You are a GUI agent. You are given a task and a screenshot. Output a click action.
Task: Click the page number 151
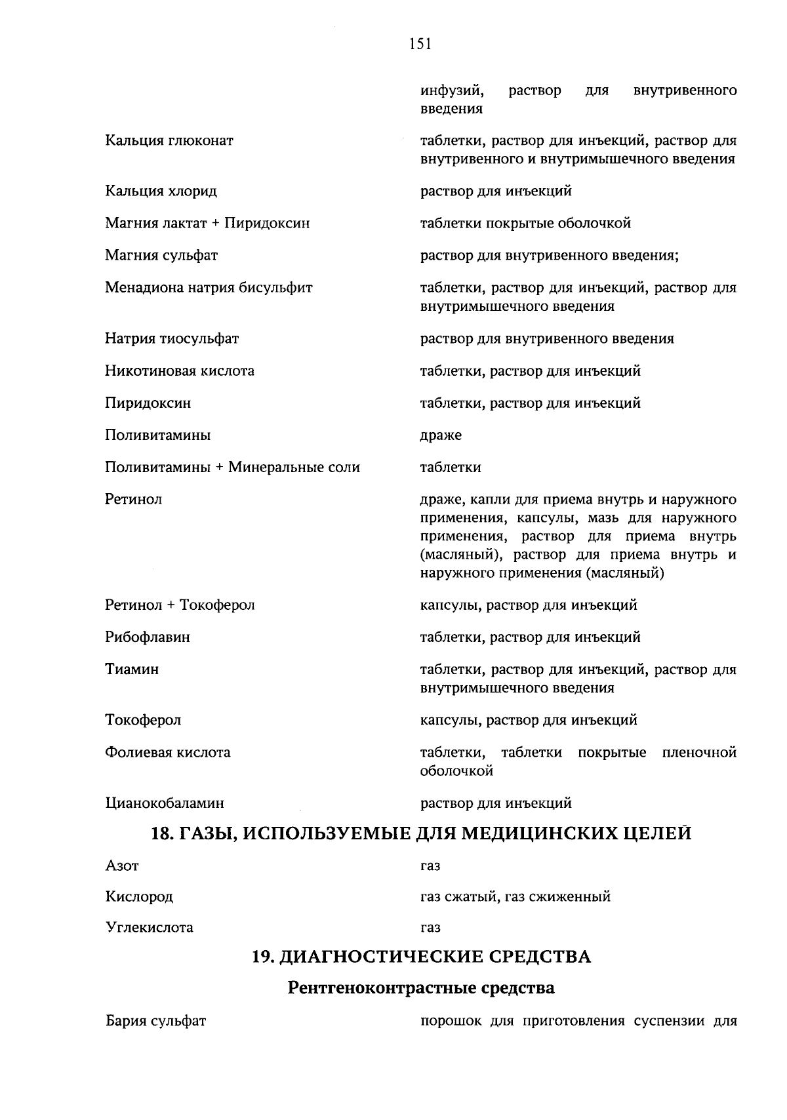coord(420,44)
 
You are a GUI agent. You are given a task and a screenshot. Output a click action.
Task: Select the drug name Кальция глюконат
coord(169,140)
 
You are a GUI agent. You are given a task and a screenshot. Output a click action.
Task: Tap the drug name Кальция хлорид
coord(161,191)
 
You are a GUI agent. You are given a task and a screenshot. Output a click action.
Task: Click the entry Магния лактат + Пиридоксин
coord(207,224)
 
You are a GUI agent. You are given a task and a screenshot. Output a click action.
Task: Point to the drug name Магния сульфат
coord(161,256)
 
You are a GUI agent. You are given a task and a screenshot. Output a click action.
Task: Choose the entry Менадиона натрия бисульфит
coord(209,288)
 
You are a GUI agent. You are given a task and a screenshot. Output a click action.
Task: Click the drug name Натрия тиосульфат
coord(172,339)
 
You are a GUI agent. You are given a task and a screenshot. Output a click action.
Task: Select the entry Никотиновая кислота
coord(180,371)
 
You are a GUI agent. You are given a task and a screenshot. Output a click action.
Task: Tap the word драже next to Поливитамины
coord(441,435)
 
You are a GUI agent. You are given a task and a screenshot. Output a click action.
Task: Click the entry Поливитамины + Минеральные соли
coord(232,468)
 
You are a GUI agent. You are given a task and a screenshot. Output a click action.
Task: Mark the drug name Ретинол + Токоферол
coord(180,605)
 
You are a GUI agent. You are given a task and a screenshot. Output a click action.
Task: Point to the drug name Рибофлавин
coord(148,637)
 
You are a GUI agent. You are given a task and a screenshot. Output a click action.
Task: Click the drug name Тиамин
coord(132,670)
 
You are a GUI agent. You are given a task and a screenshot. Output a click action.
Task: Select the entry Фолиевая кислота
coord(168,753)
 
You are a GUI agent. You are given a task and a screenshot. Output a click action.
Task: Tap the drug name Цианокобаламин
coord(165,803)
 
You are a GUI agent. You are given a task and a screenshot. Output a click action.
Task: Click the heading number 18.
coord(161,834)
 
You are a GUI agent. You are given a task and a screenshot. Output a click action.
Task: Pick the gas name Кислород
coord(139,896)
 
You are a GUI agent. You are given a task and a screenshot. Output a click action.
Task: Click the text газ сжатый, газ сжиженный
coord(515,896)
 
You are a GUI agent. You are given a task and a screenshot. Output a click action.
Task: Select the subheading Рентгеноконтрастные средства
coord(421,988)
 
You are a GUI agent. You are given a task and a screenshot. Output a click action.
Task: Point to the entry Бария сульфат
coord(155,1022)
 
